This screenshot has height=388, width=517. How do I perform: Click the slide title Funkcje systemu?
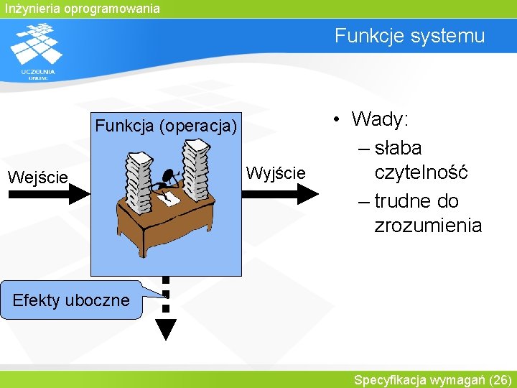point(409,36)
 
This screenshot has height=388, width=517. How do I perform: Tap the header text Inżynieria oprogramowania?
point(83,9)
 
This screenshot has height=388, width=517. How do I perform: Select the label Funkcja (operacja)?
point(166,126)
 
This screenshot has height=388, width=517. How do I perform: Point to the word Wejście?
point(37,177)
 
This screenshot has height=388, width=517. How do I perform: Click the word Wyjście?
point(276,173)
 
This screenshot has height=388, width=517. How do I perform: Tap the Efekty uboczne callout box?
point(71,300)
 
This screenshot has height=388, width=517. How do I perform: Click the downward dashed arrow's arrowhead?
point(166,329)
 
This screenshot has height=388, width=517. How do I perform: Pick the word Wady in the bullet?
point(380,119)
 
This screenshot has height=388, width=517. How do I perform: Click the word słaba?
point(398,148)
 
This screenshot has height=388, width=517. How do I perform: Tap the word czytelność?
point(421,172)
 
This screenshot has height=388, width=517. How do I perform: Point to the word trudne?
point(406,200)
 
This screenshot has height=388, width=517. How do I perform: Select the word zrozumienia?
point(428,226)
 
